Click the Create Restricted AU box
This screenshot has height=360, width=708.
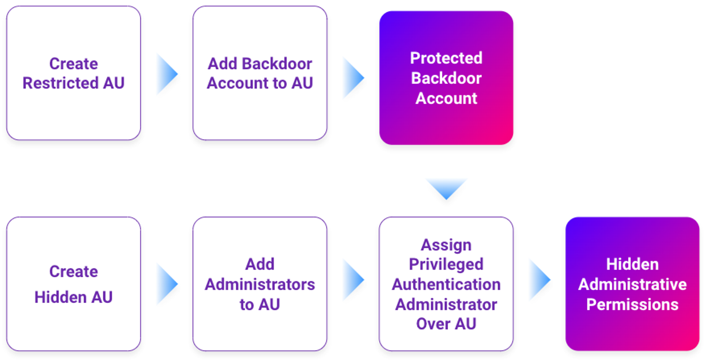pyautogui.click(x=73, y=73)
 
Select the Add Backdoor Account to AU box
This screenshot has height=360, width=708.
pyautogui.click(x=260, y=73)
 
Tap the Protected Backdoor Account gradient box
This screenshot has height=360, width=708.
pyautogui.click(x=446, y=78)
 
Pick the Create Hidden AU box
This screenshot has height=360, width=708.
pyautogui.click(x=73, y=284)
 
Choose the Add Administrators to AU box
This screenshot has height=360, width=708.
pyautogui.click(x=260, y=284)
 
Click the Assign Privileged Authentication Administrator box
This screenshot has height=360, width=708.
pyautogui.click(x=446, y=284)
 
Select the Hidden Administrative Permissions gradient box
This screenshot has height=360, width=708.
pyautogui.click(x=632, y=284)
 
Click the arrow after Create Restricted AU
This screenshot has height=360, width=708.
pyautogui.click(x=167, y=74)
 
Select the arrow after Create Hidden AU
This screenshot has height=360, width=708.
pyautogui.click(x=167, y=284)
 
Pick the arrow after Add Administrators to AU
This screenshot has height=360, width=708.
pyautogui.click(x=353, y=280)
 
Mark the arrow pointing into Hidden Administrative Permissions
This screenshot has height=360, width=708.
pyautogui.click(x=540, y=280)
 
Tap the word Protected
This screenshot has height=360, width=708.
pyautogui.click(x=446, y=58)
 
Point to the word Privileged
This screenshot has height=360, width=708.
pyautogui.click(x=446, y=264)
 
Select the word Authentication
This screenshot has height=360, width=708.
pyautogui.click(x=446, y=285)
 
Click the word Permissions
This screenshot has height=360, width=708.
pyautogui.click(x=632, y=305)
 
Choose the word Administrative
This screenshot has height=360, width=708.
pyautogui.click(x=632, y=285)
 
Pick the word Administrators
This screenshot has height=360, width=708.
pyautogui.click(x=260, y=285)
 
